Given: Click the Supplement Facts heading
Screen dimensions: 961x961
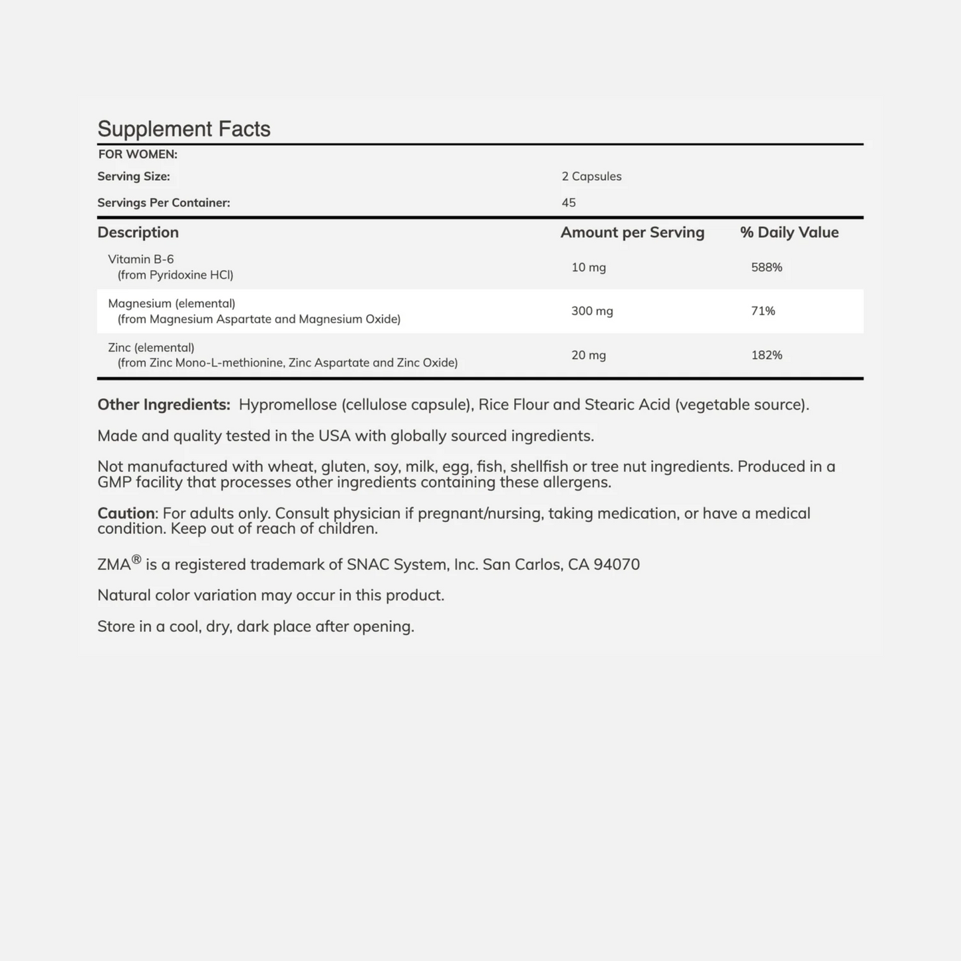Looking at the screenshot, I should coord(184,129).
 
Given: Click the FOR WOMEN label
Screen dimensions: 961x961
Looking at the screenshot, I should coord(138,154).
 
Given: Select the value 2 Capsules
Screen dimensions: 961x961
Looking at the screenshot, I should coord(591,176).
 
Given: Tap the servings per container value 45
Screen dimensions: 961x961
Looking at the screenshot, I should coord(569,203).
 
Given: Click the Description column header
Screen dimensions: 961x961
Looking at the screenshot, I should coord(138,232).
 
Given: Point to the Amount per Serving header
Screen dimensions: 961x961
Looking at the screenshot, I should coord(632,232).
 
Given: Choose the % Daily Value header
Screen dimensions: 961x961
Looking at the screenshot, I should coord(789,232).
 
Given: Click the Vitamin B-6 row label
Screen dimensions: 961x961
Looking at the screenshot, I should coord(141,259).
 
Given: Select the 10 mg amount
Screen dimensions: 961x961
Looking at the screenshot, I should coord(589,267).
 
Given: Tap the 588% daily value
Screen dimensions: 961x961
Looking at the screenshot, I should coord(766,267).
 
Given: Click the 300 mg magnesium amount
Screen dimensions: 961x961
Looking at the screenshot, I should coord(592,311).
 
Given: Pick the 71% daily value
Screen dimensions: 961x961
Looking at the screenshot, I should coord(763,311).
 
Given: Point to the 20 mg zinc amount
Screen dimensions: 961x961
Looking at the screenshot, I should coord(589,355).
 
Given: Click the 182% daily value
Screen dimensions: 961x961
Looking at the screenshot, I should coord(766,355).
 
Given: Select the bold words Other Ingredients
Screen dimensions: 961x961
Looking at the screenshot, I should coord(164,404).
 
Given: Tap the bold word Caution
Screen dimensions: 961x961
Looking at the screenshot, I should coord(126,513).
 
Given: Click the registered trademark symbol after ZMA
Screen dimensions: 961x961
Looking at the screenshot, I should coord(136,559).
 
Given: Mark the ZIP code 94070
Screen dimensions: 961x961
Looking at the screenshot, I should coord(617,565).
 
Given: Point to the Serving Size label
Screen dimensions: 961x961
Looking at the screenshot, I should coord(134,176).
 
